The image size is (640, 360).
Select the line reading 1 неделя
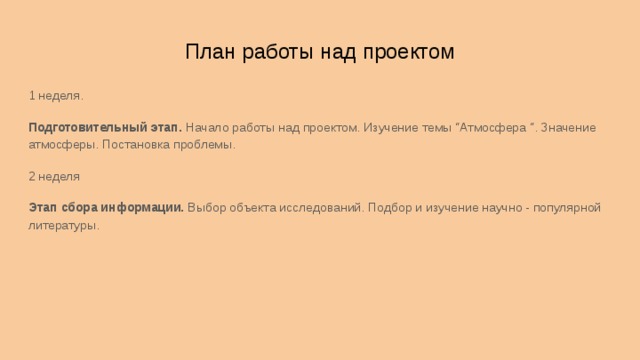[56, 97]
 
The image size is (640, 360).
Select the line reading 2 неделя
[54, 177]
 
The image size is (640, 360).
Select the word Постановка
[135, 145]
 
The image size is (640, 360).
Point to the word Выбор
[207, 208]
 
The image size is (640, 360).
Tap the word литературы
[64, 226]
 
